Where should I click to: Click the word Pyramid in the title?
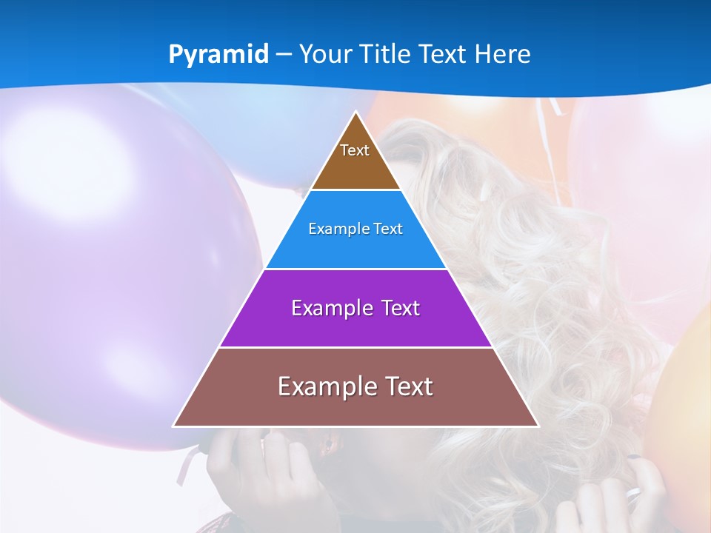pyautogui.click(x=218, y=55)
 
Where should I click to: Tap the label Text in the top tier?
pyautogui.click(x=355, y=150)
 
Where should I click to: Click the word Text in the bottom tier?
pyautogui.click(x=408, y=386)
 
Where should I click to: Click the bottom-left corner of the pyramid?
pyautogui.click(x=173, y=426)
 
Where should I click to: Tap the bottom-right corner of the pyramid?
pyautogui.click(x=538, y=426)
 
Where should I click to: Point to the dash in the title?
pyautogui.click(x=284, y=55)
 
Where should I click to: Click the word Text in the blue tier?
pyautogui.click(x=389, y=229)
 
